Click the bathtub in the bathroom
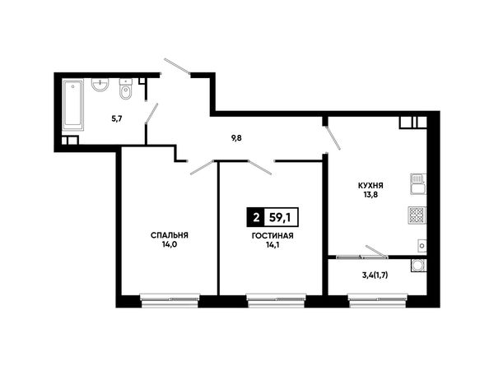pos(73,104)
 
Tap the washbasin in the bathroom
pos(100,85)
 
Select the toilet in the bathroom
pos(126,90)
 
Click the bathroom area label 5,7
pos(117,119)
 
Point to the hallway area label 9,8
pos(236,138)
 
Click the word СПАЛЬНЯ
pos(169,235)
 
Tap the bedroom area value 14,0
pos(169,244)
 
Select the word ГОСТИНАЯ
pos(273,236)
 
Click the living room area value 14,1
pos(273,244)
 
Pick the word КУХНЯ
pos(370,186)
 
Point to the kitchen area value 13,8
pos(370,194)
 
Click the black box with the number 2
pos(256,217)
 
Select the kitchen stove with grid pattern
pos(417,215)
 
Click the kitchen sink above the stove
pos(418,184)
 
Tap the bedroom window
pos(170,300)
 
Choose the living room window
pos(276,300)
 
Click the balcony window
pos(377,300)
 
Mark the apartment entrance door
pos(177,67)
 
